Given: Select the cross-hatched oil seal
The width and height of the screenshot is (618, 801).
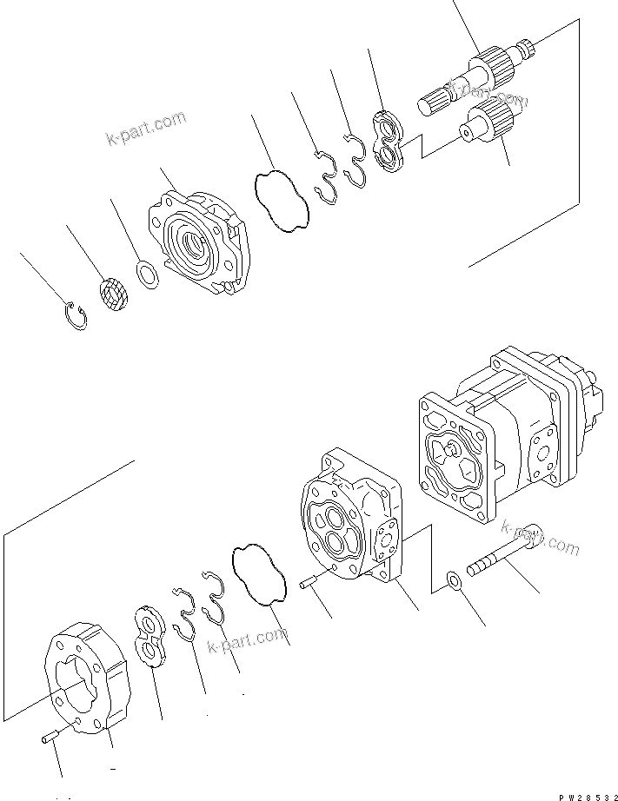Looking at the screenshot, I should tap(112, 293).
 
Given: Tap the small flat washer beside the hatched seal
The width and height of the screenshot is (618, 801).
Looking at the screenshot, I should tap(149, 276).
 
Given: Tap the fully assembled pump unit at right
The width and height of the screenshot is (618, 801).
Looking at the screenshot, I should tap(504, 434).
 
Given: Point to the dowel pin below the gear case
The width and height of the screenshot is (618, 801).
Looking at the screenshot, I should tap(50, 738).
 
